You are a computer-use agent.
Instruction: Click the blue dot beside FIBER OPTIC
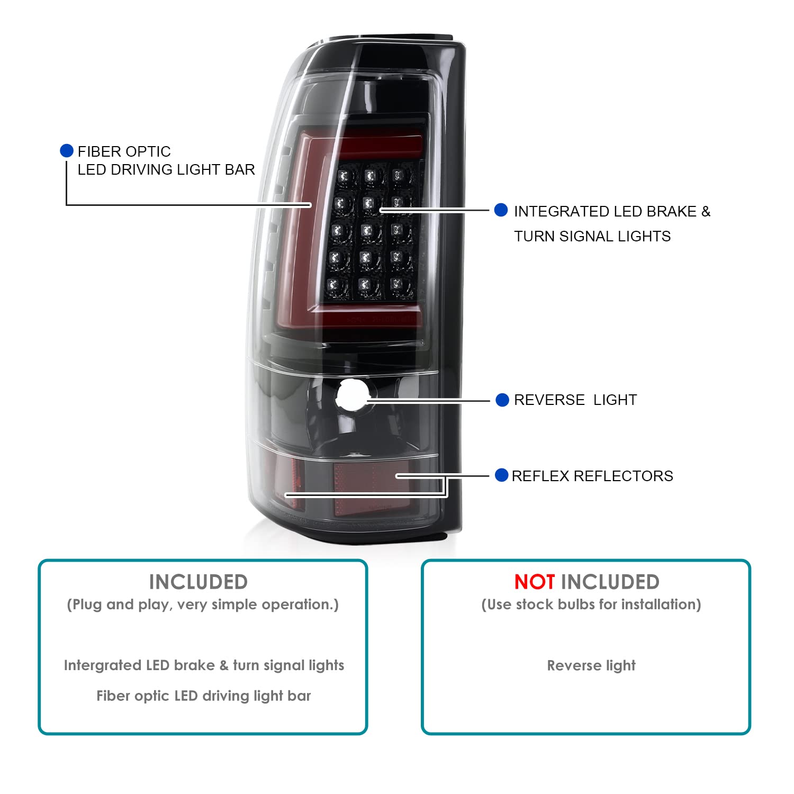click(x=67, y=151)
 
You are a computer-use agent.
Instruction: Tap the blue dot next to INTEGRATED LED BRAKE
click(x=501, y=210)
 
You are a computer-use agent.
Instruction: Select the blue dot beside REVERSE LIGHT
click(x=502, y=400)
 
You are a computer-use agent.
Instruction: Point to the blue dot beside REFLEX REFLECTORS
click(x=502, y=475)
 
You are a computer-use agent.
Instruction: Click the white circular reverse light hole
click(x=352, y=395)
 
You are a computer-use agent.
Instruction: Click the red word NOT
click(x=534, y=582)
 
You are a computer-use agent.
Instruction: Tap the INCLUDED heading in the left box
click(x=198, y=582)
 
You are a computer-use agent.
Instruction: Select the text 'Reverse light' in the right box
click(x=591, y=665)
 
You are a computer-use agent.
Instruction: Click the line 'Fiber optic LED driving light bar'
click(x=204, y=696)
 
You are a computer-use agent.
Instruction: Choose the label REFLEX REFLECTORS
click(x=592, y=476)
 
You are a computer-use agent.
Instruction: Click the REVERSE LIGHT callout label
click(x=575, y=400)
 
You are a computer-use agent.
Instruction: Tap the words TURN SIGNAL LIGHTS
click(x=592, y=236)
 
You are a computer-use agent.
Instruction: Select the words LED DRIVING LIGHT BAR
click(x=166, y=169)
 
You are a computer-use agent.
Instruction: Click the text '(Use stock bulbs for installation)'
click(x=591, y=604)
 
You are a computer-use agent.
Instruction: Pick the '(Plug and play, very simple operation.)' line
click(x=203, y=604)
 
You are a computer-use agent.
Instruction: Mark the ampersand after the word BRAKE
click(x=706, y=211)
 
